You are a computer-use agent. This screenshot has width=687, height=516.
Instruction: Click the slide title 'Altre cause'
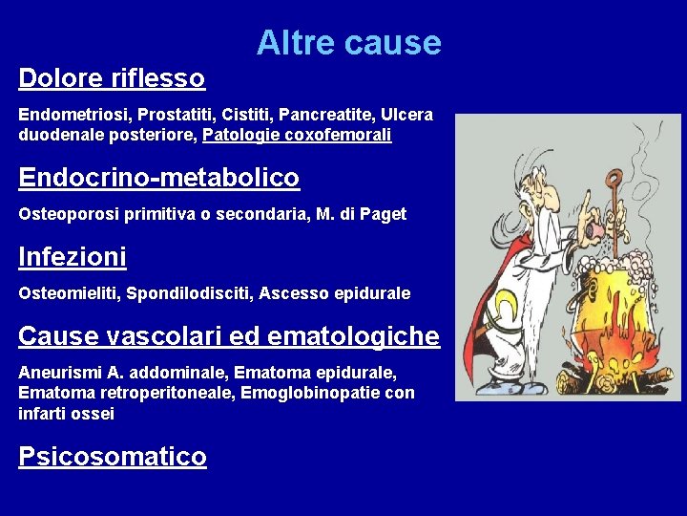coord(348,43)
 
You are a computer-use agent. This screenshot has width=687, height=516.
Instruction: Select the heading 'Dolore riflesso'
coord(112,77)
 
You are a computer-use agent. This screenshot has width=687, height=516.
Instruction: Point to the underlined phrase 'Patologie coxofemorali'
coord(297,136)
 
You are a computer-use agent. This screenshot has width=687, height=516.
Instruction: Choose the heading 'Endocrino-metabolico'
coord(158,178)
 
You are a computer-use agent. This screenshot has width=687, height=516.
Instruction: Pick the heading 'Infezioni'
coord(73,257)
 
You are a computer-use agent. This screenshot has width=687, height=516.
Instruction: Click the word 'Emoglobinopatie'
coord(330,393)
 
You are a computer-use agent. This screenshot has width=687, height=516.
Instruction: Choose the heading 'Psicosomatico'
coord(113,457)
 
